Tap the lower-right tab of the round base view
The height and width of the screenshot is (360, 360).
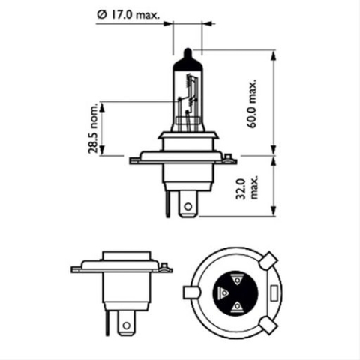pos(269,324)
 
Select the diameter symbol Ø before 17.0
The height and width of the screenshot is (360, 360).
pos(101,13)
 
